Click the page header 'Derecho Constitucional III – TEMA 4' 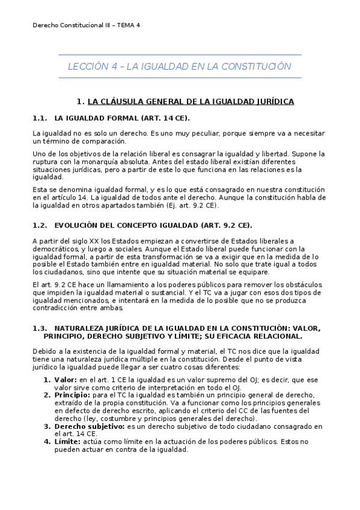86,25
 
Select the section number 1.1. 39,118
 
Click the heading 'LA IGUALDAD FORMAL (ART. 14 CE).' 122,118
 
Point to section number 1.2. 39,225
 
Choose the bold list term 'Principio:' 72,395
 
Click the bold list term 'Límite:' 67,441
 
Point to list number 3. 47,426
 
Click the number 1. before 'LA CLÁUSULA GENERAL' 81,102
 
